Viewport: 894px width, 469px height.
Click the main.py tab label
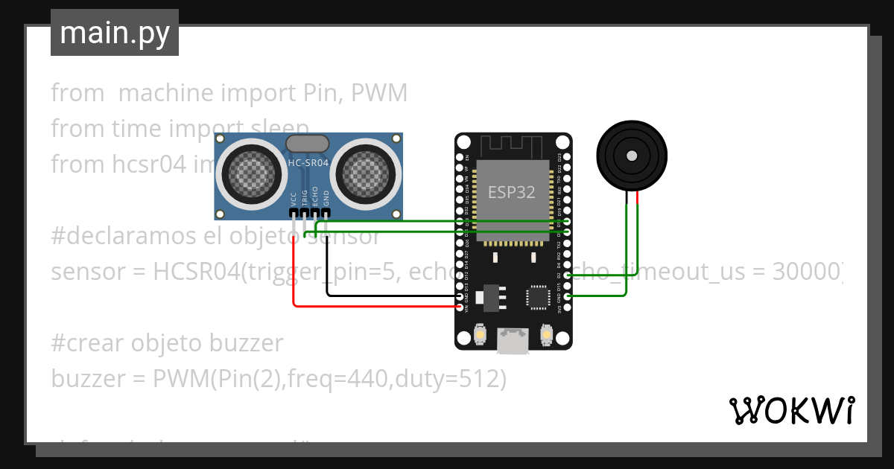[x=114, y=33]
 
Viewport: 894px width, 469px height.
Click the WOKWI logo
[x=790, y=410]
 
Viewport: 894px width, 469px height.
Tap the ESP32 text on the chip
[x=511, y=192]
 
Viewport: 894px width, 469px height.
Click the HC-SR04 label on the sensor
[x=308, y=162]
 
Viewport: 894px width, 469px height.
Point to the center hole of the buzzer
[x=632, y=156]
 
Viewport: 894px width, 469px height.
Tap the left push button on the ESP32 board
[x=480, y=336]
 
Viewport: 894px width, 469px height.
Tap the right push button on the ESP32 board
[x=547, y=336]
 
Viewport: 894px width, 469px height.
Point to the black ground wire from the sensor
[x=387, y=295]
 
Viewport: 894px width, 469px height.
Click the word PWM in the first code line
[x=379, y=93]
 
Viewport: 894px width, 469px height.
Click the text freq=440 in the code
[x=344, y=379]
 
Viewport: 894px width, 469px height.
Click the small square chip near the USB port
[x=537, y=296]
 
